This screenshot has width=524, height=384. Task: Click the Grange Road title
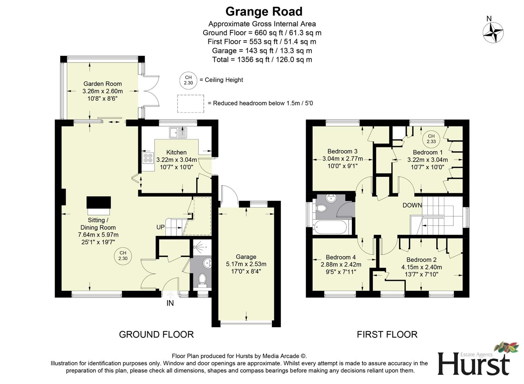tap(264, 11)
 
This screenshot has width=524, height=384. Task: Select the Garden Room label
tap(102, 84)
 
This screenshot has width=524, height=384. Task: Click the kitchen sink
tap(178, 133)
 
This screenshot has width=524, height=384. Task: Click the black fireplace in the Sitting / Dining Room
tap(99, 203)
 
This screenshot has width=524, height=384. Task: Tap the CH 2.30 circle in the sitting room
tap(123, 256)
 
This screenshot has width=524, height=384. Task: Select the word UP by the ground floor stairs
tap(160, 227)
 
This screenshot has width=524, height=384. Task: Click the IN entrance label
tap(170, 303)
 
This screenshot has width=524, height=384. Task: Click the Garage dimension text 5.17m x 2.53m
tap(246, 264)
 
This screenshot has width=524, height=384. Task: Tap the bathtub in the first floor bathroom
tap(331, 227)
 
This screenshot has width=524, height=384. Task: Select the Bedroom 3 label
tap(342, 151)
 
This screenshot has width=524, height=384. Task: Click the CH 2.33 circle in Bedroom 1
tap(431, 139)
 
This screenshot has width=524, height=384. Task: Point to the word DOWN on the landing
tap(412, 205)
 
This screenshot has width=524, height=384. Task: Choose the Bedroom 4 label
tap(340, 257)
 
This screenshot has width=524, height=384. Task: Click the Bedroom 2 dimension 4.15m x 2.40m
tap(421, 267)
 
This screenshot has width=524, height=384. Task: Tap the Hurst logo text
tap(473, 364)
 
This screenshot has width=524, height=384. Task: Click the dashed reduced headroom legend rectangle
tap(191, 103)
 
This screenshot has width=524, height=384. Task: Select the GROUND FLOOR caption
tap(156, 335)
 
